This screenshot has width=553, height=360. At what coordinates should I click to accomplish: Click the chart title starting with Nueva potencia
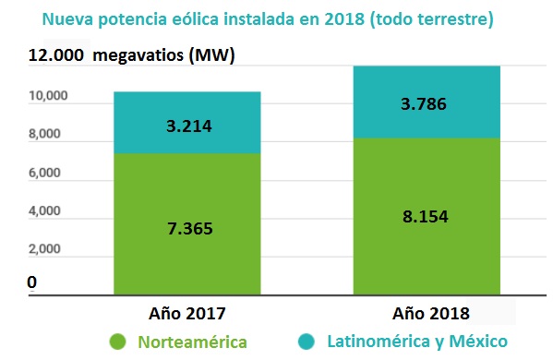pyautogui.click(x=277, y=18)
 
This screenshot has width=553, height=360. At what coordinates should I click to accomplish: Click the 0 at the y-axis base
pyautogui.click(x=33, y=282)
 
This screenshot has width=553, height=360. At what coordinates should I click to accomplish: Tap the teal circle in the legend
pyautogui.click(x=306, y=342)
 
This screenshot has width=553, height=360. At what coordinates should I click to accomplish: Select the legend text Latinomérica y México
pyautogui.click(x=416, y=342)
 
